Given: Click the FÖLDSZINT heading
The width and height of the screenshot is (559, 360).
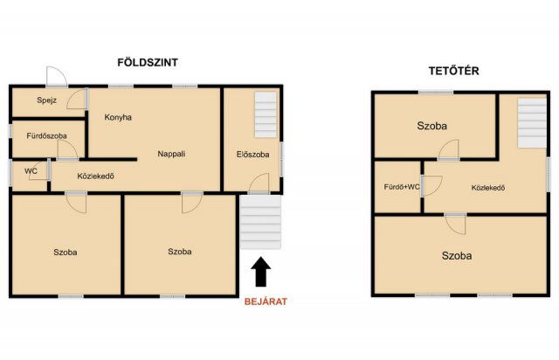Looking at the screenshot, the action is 148,62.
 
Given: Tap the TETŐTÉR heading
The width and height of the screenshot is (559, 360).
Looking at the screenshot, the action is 453,71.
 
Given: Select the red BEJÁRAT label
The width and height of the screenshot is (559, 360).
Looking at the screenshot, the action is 266,301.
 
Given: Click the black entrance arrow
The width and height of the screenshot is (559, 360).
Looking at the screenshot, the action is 261,272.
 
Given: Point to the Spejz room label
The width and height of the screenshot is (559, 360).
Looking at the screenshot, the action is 46,100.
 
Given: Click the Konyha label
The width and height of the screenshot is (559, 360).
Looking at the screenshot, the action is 118,117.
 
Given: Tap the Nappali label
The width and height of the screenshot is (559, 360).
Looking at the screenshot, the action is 171,154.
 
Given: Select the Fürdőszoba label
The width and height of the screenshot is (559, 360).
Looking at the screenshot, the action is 46,136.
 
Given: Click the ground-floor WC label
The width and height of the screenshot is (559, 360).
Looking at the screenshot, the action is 31,171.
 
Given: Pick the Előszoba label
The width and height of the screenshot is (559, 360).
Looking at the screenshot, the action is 252,155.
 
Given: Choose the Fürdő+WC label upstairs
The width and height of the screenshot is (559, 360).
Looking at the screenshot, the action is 402,187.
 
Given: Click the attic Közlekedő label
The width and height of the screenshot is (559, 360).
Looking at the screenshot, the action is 488,188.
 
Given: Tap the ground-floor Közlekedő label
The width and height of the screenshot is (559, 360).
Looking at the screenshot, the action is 95,176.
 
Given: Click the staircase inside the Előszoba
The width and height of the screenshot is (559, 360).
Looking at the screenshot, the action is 266,114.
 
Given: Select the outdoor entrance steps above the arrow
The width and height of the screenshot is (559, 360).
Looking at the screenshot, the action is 260,222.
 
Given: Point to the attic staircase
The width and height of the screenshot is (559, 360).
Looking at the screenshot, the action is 532,123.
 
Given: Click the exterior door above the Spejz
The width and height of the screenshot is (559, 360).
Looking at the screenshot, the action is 57,77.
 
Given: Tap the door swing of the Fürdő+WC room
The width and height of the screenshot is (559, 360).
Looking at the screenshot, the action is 432,186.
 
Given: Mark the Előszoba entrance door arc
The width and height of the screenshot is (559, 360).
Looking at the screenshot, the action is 259,183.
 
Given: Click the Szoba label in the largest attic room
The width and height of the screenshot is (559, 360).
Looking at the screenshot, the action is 457,256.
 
